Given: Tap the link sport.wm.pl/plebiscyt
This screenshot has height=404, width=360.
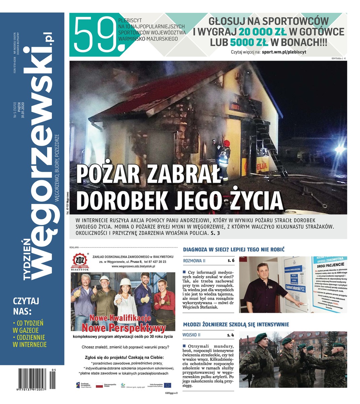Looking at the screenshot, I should (284, 52).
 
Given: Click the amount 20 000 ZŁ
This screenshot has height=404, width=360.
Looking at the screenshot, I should (263, 32).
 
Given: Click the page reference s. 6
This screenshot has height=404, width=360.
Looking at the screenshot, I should (231, 261).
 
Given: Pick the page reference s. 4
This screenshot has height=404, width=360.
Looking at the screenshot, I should (230, 335).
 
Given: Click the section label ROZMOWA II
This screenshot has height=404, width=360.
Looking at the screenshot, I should (194, 261).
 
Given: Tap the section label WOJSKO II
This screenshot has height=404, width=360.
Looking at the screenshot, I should (191, 335).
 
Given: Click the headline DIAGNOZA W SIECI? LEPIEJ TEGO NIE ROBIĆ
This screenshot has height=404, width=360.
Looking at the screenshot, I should (234, 249).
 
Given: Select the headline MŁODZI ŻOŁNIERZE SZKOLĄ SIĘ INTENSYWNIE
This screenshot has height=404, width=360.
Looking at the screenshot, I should (236, 325).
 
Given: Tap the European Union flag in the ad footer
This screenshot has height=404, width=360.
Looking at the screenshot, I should (167, 385).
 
